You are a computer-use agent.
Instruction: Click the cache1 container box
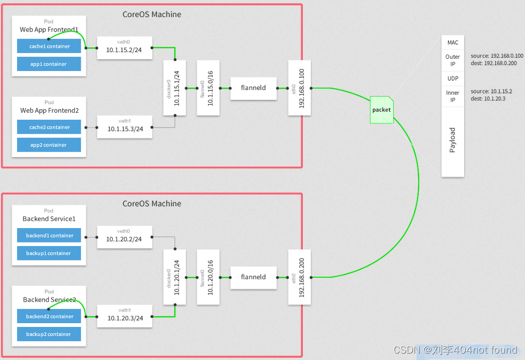49,46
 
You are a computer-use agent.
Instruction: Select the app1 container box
49,64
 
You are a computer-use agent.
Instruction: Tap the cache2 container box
49,127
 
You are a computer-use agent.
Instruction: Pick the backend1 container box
49,236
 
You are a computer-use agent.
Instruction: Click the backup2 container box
49,334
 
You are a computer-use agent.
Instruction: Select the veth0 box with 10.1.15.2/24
124,48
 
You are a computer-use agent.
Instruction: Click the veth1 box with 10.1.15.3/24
124,127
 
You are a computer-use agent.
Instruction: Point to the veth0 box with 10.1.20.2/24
124,237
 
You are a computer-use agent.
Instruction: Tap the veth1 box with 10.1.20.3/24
124,316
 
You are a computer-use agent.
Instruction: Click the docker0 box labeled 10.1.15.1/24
175,88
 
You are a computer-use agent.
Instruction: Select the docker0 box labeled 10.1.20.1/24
175,277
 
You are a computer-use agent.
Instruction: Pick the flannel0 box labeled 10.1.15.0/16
208,88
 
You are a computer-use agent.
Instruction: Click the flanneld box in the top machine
253,88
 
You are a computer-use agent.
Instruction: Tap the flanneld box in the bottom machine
253,277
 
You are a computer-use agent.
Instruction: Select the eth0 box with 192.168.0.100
299,88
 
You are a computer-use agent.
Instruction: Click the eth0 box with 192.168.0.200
299,277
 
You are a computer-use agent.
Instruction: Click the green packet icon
381,110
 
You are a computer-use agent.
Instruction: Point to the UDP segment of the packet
452,79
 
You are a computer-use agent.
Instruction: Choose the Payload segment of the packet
452,141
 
